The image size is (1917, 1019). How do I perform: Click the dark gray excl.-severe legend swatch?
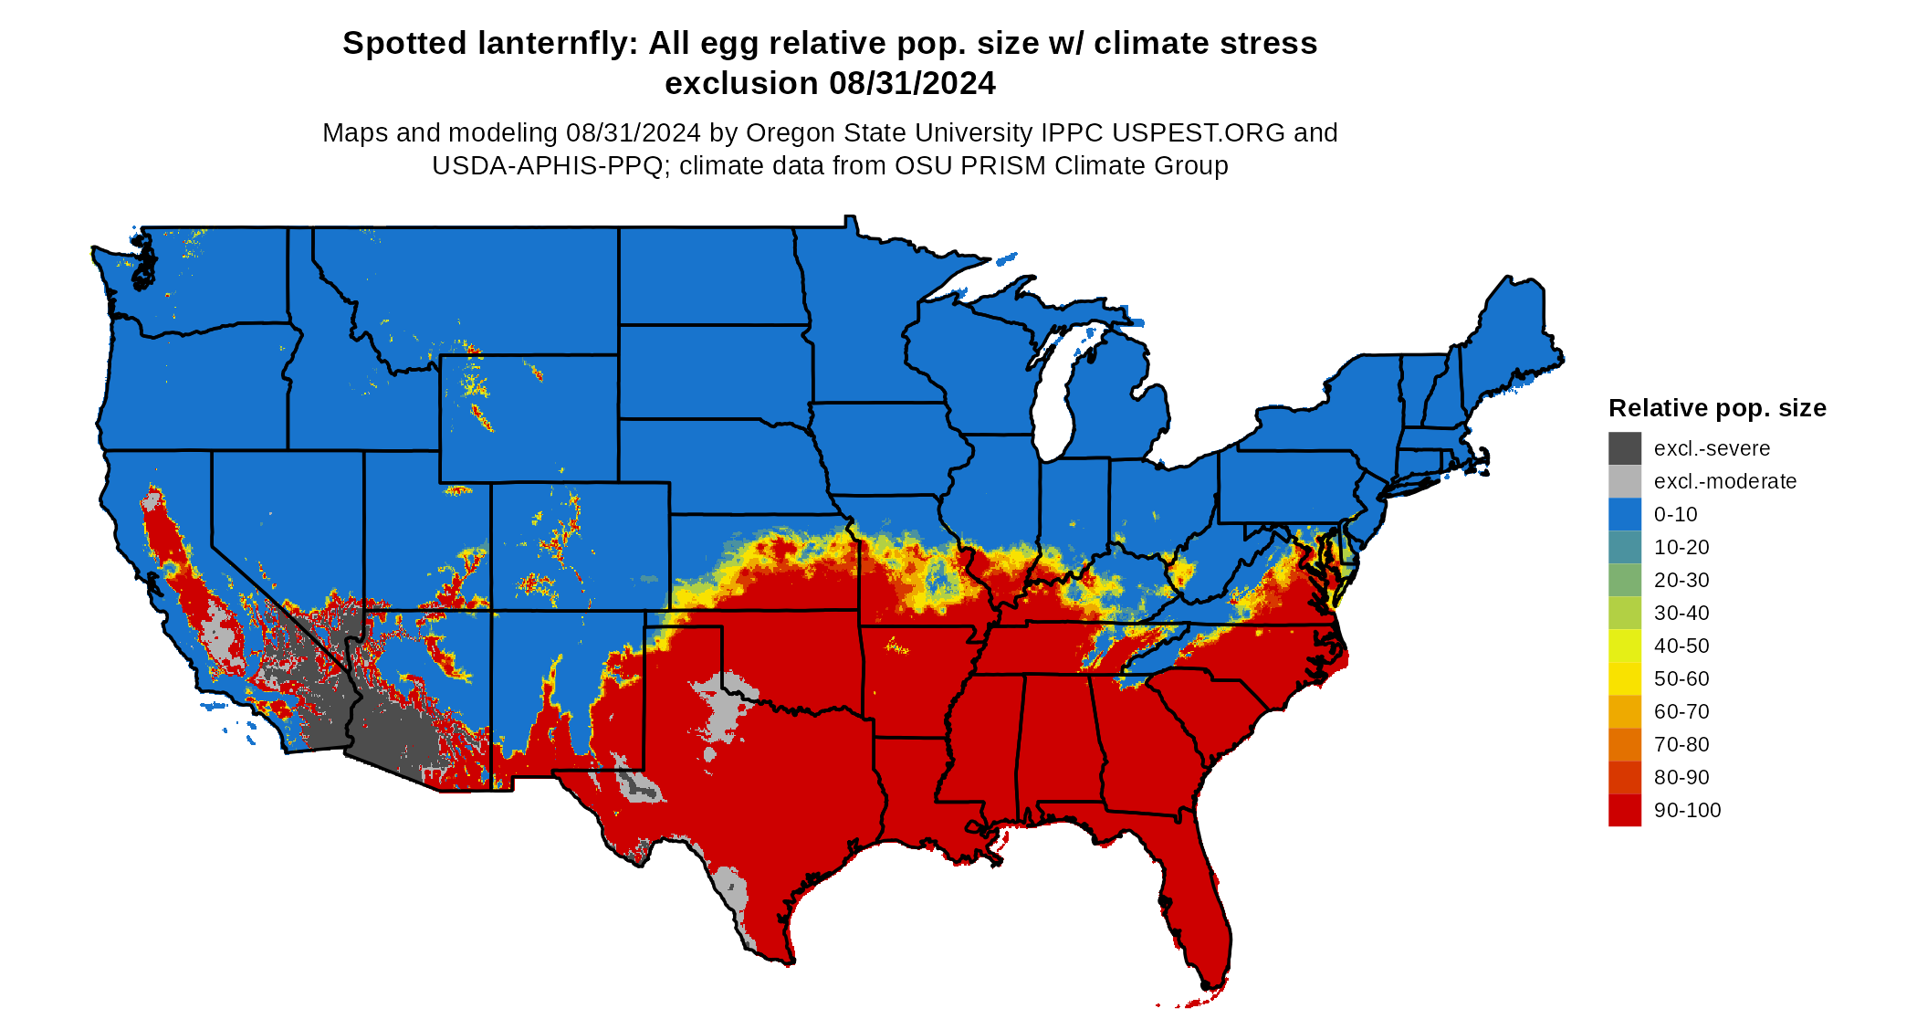click(1624, 448)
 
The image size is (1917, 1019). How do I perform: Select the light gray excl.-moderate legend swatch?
click(1624, 481)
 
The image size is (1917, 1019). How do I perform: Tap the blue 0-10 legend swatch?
click(1624, 514)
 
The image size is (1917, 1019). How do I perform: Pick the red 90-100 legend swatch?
click(1624, 810)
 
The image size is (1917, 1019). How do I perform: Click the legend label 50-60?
click(1681, 678)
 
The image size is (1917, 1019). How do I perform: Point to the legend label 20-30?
click(1681, 580)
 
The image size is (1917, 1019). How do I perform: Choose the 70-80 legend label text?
click(1681, 744)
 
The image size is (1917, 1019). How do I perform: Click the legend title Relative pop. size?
click(1717, 408)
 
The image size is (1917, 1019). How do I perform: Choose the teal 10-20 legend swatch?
click(1624, 547)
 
